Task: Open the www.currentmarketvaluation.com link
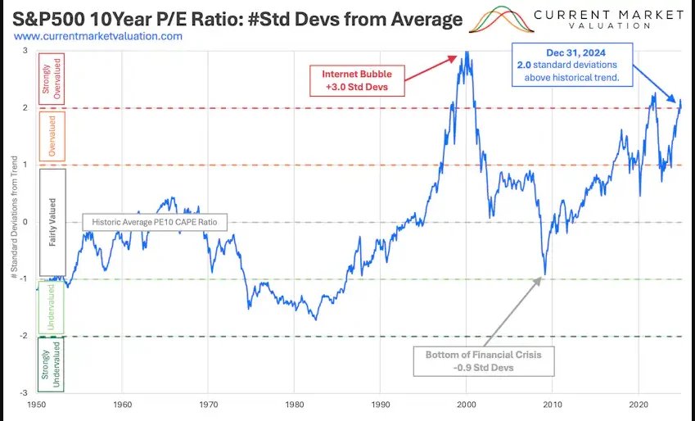tap(99, 37)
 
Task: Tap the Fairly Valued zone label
tap(52, 222)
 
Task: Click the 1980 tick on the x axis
tap(294, 405)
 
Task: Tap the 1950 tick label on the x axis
tap(36, 405)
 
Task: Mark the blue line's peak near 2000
tap(467, 52)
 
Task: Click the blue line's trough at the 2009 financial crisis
tap(544, 275)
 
